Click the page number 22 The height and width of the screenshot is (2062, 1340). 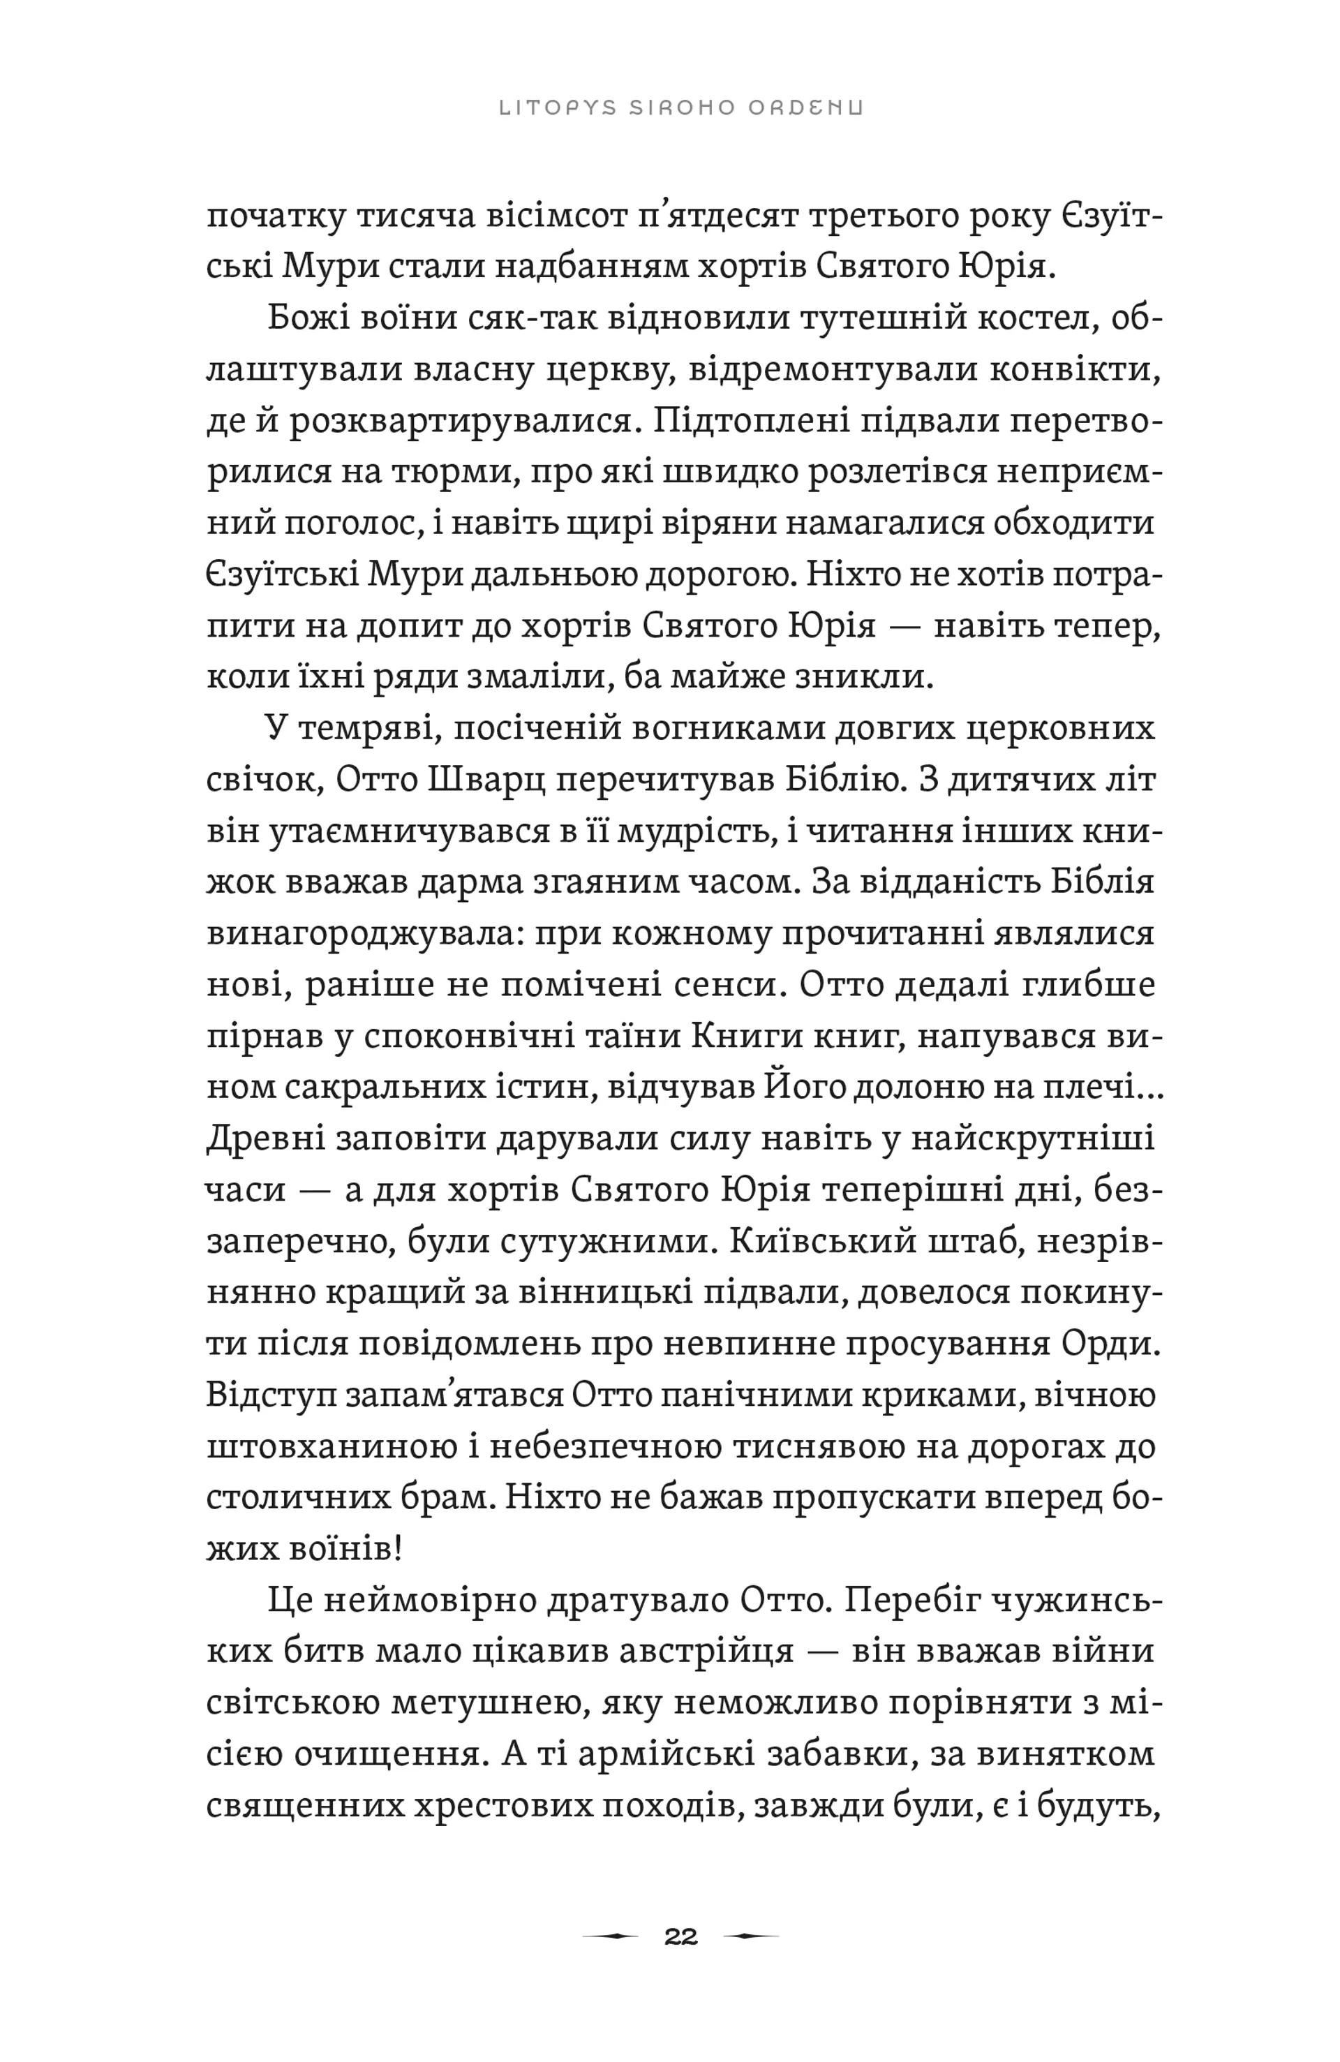(680, 1936)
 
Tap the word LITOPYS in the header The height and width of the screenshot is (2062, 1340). (558, 107)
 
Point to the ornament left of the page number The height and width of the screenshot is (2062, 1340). (610, 1936)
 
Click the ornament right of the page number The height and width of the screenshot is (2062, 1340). (750, 1936)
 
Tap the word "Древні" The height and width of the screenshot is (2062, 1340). (258, 1138)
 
